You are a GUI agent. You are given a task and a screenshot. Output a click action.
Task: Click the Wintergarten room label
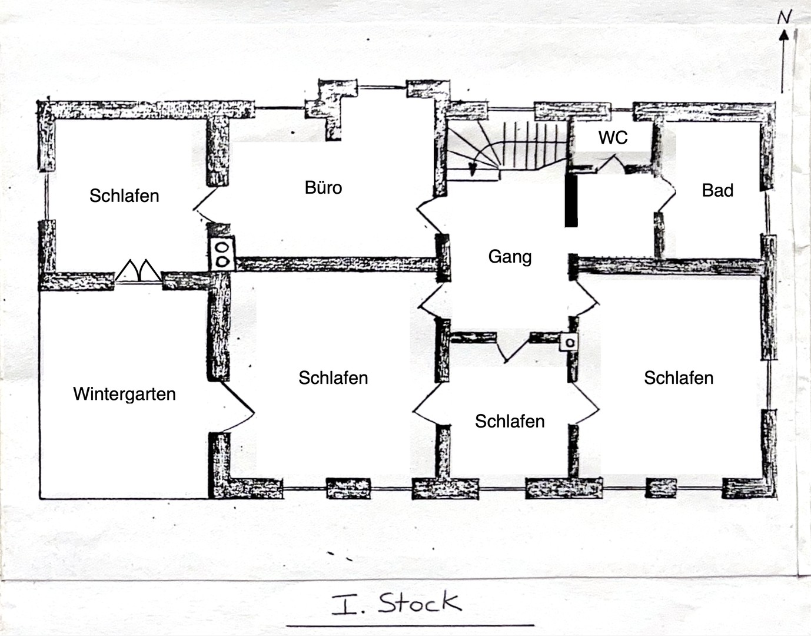point(124,394)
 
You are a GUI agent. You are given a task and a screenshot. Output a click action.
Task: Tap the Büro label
point(323,188)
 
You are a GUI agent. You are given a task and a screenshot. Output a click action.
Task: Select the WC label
point(613,138)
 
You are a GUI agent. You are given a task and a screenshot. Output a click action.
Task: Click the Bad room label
point(717,191)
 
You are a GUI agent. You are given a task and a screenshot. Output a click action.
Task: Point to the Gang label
point(510,257)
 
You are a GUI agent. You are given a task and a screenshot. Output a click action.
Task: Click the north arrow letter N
point(784,18)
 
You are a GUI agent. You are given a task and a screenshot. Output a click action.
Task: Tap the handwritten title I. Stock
point(396,603)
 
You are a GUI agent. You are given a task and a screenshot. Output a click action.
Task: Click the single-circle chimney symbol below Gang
point(569,342)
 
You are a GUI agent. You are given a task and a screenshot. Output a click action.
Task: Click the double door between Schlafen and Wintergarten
point(138,272)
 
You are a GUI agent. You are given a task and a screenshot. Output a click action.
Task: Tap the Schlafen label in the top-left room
point(124,196)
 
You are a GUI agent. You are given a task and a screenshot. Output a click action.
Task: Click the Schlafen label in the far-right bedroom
point(678,378)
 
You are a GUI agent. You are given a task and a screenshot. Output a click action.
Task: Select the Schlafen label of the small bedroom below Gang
point(510,422)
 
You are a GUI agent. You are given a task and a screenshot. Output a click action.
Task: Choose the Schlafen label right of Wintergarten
point(333,378)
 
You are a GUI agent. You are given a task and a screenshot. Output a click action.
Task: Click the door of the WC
point(612,163)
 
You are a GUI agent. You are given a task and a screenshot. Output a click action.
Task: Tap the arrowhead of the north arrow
point(783,35)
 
